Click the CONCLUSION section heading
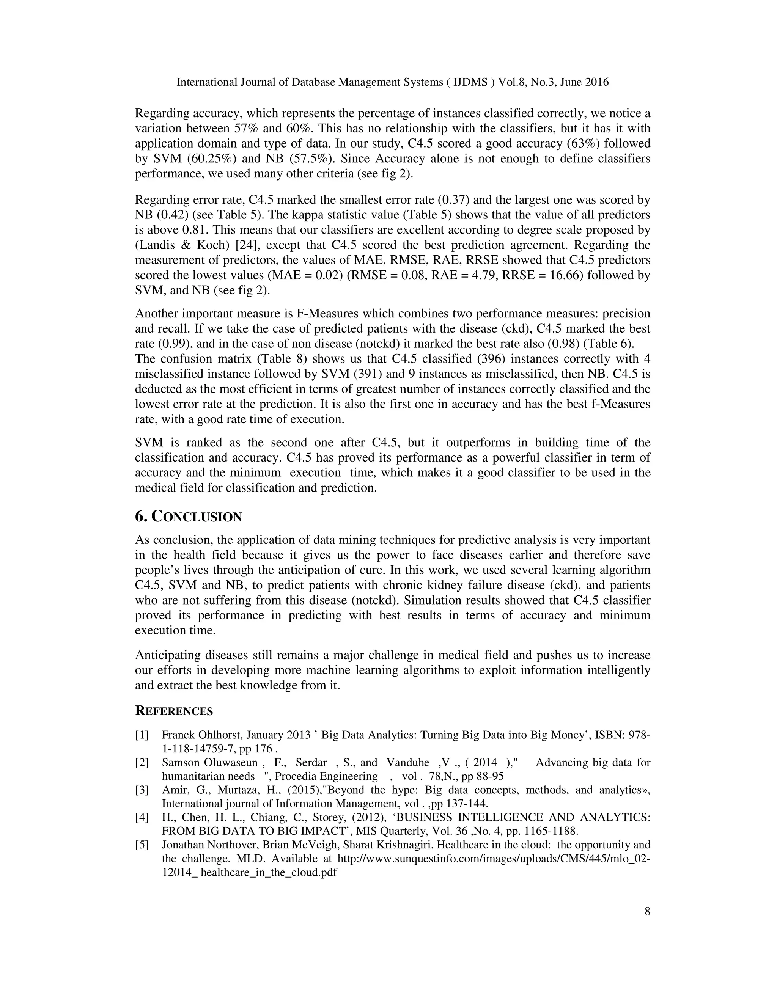click(188, 517)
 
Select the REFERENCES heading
click(174, 711)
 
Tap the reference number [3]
click(142, 790)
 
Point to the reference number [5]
click(142, 845)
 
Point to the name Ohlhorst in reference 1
click(220, 735)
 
